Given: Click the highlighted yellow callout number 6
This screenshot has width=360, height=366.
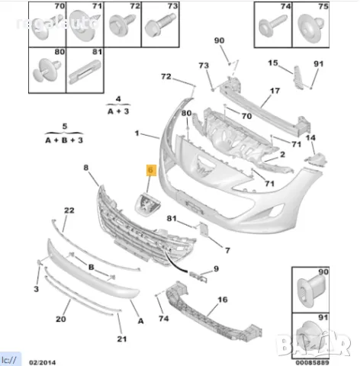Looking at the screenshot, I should (x=151, y=172).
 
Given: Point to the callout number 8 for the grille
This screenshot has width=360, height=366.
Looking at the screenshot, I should (x=85, y=167).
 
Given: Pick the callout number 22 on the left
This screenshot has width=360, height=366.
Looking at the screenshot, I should (x=68, y=210).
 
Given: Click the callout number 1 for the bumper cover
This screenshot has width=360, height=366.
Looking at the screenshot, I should (x=137, y=133).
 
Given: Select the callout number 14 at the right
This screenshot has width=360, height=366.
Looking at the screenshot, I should (x=310, y=137).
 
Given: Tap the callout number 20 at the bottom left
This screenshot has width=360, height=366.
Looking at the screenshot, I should (x=60, y=319).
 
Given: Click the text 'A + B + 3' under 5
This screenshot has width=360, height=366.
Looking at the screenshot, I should (x=64, y=140).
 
